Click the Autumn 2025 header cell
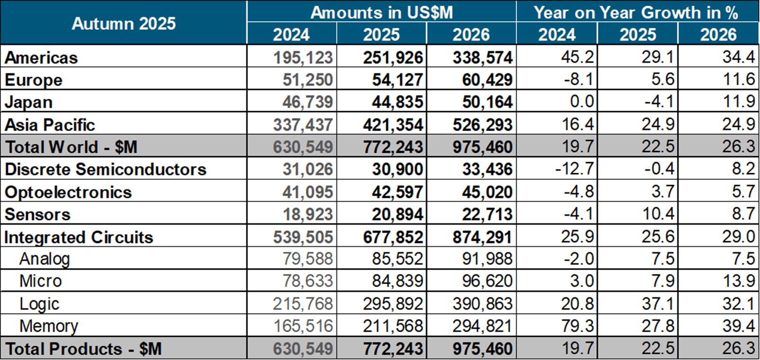pos(124,23)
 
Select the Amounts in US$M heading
pos(381,12)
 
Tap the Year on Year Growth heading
pos(636,12)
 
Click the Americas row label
pos(41,58)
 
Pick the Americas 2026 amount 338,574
pos(482,58)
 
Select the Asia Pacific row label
pos(50,125)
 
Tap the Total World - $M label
pos(71,147)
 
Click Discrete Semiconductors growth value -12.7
pos(574,169)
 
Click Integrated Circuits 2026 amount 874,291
pos(482,237)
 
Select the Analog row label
pos(44,259)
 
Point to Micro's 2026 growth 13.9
pos(738,281)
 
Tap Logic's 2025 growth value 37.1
pos(658,304)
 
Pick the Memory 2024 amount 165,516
pos(303,326)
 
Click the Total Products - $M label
pos(83,349)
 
